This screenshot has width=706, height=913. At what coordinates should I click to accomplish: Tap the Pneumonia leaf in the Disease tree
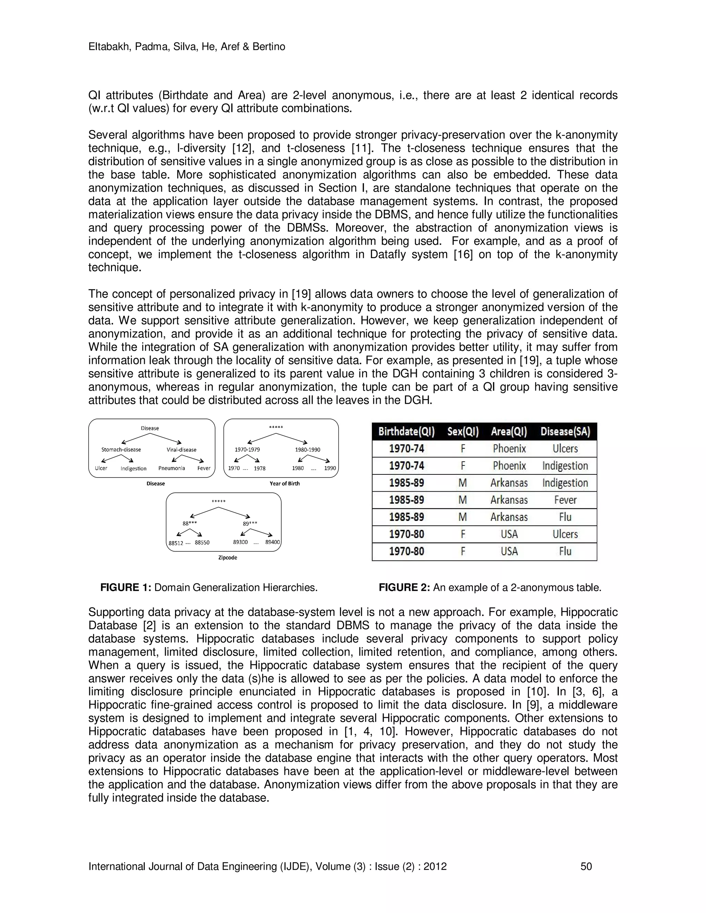tap(171, 468)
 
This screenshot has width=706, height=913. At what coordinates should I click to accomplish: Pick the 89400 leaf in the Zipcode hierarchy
tap(272, 542)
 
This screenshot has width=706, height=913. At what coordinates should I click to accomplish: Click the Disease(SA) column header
tap(565, 431)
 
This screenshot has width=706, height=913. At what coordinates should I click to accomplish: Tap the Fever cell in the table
tap(565, 500)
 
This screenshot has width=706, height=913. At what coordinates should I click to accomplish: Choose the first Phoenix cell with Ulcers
tap(509, 449)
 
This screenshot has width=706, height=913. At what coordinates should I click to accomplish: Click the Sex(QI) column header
tap(463, 431)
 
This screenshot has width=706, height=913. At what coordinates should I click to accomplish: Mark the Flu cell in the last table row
tap(565, 551)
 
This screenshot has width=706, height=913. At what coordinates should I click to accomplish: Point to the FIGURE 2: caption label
tap(404, 588)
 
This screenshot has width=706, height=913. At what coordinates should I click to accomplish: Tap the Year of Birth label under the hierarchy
tap(284, 484)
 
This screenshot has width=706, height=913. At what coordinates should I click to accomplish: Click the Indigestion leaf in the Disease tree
tap(133, 469)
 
